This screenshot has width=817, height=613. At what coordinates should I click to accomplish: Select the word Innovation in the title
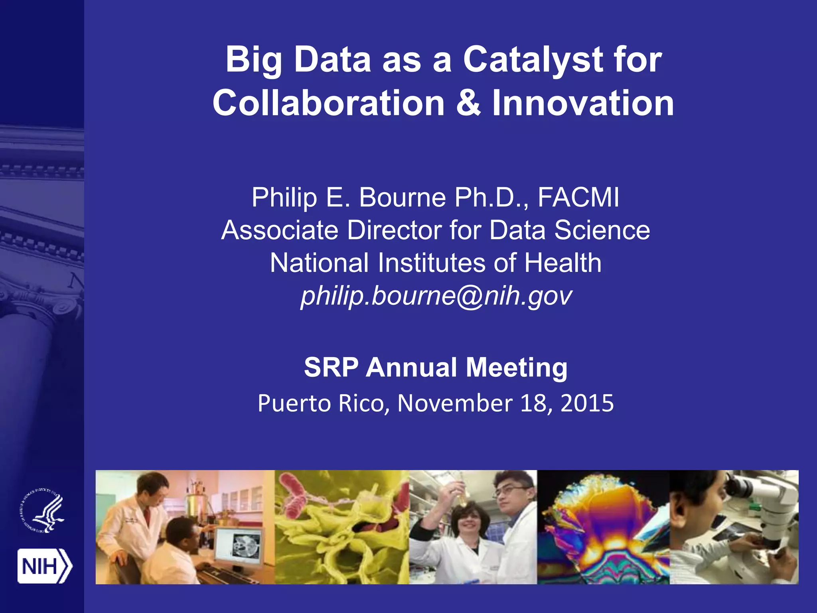coord(583,103)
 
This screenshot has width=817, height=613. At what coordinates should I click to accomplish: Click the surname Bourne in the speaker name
coord(402,197)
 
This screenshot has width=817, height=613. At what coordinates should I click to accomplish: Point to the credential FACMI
coord(578,197)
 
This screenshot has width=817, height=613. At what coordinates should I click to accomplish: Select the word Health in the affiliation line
coord(562,263)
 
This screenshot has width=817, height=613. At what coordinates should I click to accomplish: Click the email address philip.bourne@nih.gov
coord(436,296)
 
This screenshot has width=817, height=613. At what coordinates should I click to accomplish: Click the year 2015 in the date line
coord(587,403)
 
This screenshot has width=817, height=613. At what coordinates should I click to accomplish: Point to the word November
coord(455,403)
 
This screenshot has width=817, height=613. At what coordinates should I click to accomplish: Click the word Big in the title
coord(254,60)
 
